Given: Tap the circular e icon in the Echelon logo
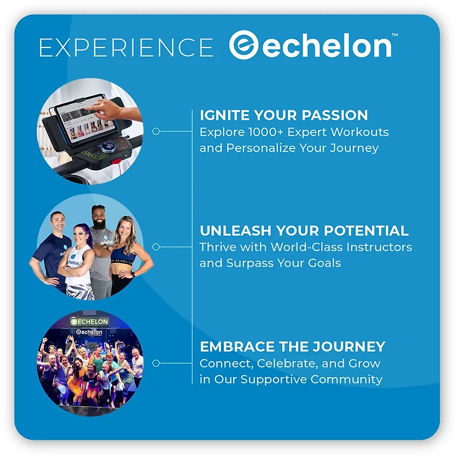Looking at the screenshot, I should pos(244,45).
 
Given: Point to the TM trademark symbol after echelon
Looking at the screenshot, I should pos(394,35).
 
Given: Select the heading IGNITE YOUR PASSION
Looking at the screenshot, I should pos(284,115).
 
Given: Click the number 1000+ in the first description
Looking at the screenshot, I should pos(268,132).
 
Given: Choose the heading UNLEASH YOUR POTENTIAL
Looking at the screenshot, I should pos(304,231).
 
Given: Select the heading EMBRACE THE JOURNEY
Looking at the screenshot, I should pos(292,347).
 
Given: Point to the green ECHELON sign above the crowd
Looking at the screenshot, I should pos(90,322).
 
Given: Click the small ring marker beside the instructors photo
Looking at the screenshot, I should pos(156,247).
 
